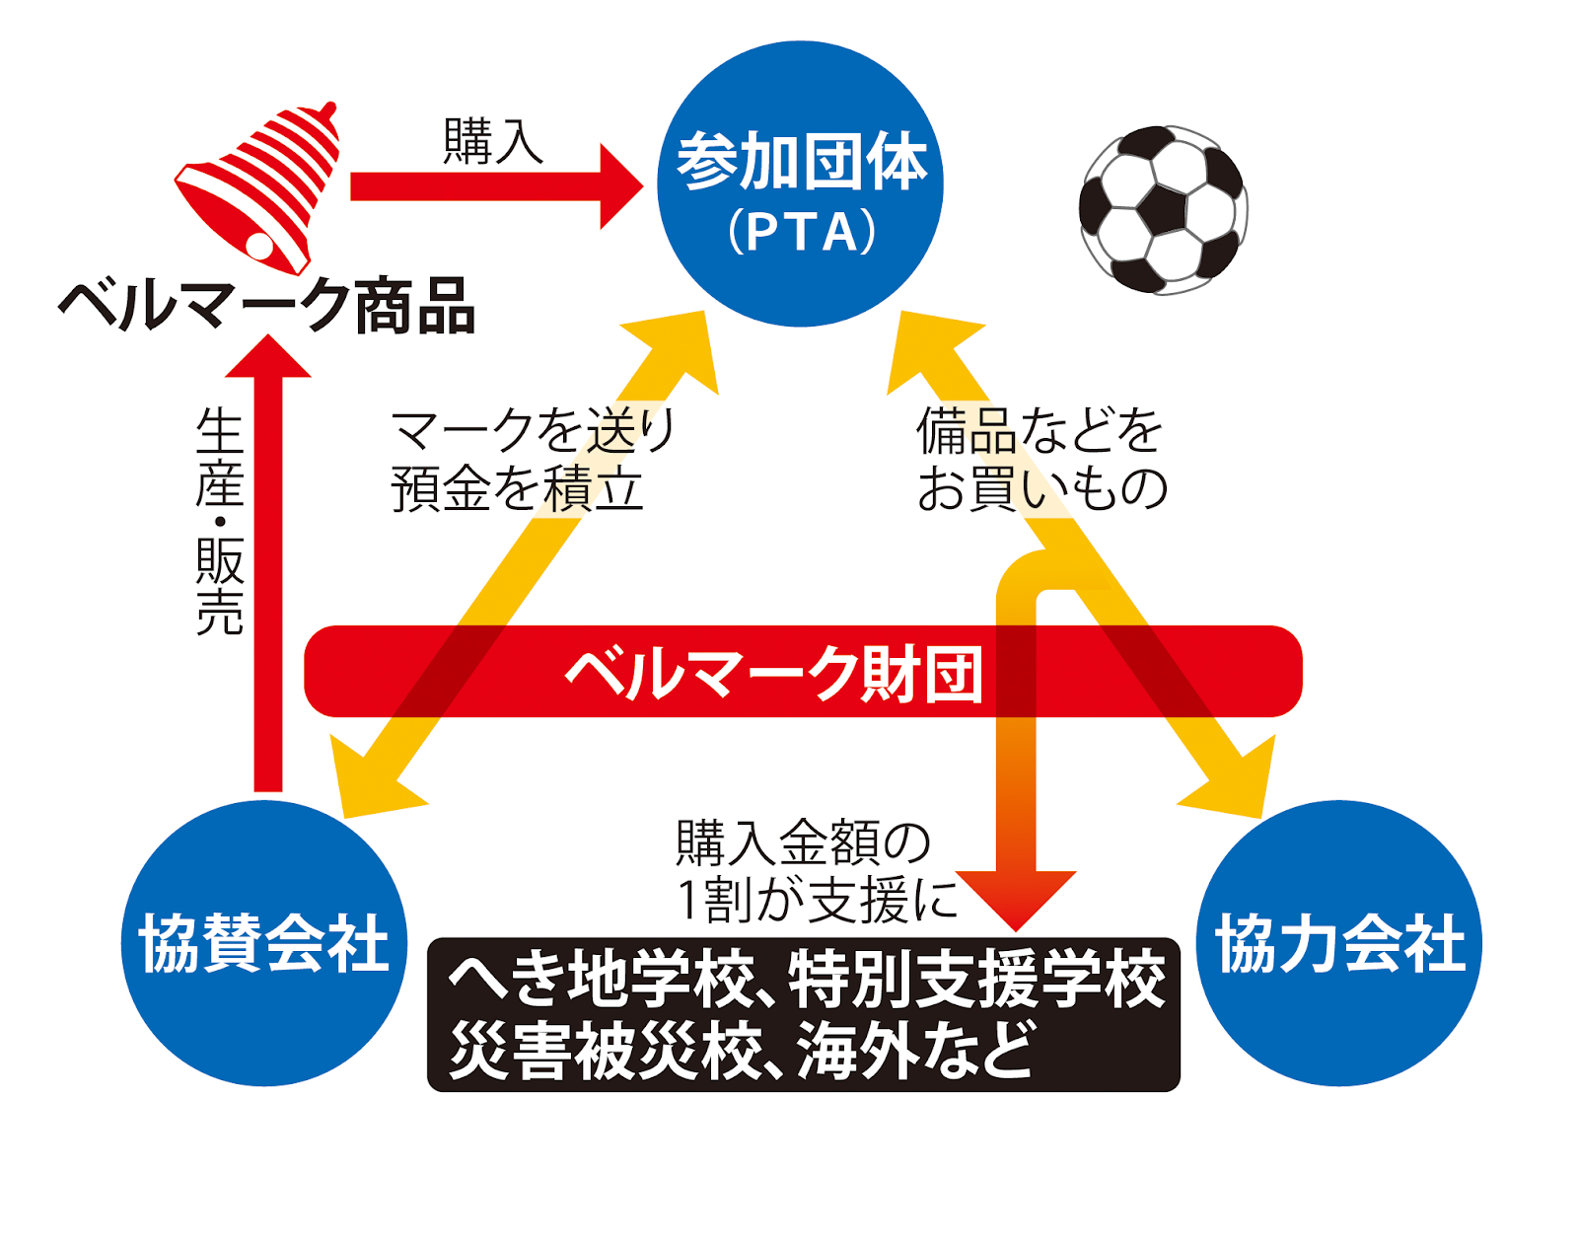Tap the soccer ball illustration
click(1163, 210)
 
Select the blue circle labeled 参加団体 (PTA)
click(800, 183)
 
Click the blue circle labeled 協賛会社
click(264, 943)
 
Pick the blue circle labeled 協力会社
click(1339, 943)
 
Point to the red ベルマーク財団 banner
click(803, 671)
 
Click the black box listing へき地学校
click(803, 1015)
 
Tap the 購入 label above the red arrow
click(493, 141)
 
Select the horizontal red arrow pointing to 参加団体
click(496, 186)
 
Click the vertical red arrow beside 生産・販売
click(267, 563)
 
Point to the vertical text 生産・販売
click(219, 522)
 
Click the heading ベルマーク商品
click(267, 305)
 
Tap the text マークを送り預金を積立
click(534, 459)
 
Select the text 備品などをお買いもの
click(1041, 459)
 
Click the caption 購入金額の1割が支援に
click(818, 870)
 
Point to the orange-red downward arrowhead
click(1016, 900)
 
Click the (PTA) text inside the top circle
click(801, 232)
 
